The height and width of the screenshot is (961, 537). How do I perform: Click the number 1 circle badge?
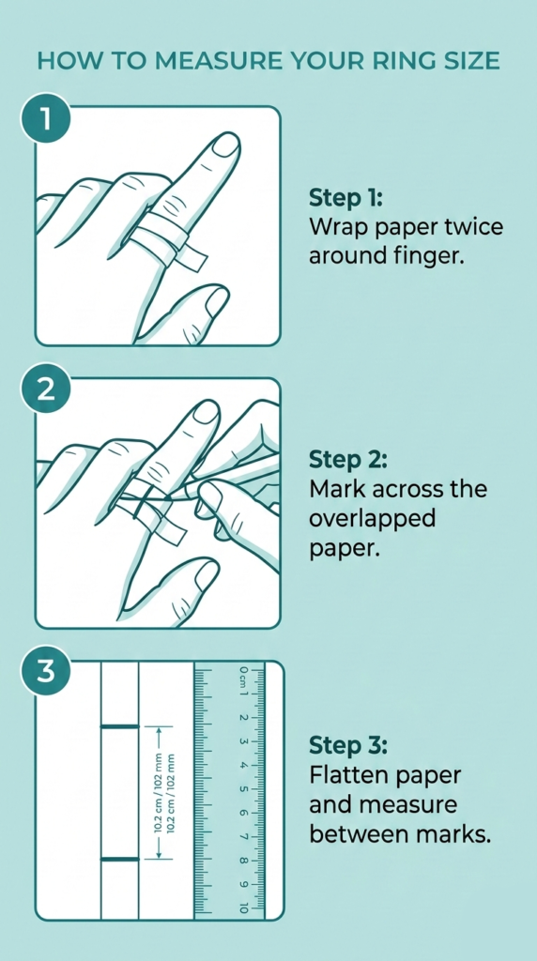pyautogui.click(x=47, y=119)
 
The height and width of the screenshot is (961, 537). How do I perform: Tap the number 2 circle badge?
pyautogui.click(x=47, y=390)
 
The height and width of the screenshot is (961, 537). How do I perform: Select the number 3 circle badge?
pyautogui.click(x=47, y=672)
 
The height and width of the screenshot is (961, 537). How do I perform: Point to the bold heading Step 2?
pyautogui.click(x=349, y=460)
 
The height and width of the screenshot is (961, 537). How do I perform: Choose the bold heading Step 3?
pyautogui.click(x=349, y=746)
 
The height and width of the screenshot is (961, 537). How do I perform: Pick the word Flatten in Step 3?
pyautogui.click(x=346, y=775)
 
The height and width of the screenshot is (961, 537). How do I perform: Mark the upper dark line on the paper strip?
pyautogui.click(x=119, y=727)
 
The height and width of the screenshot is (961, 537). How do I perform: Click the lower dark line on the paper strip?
pyautogui.click(x=119, y=860)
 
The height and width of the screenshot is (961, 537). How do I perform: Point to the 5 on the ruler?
pyautogui.click(x=243, y=789)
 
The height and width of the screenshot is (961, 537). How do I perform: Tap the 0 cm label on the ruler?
pyautogui.click(x=243, y=676)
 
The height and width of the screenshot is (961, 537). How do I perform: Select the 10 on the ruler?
pyautogui.click(x=243, y=908)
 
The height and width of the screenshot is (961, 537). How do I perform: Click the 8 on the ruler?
pyautogui.click(x=243, y=862)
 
